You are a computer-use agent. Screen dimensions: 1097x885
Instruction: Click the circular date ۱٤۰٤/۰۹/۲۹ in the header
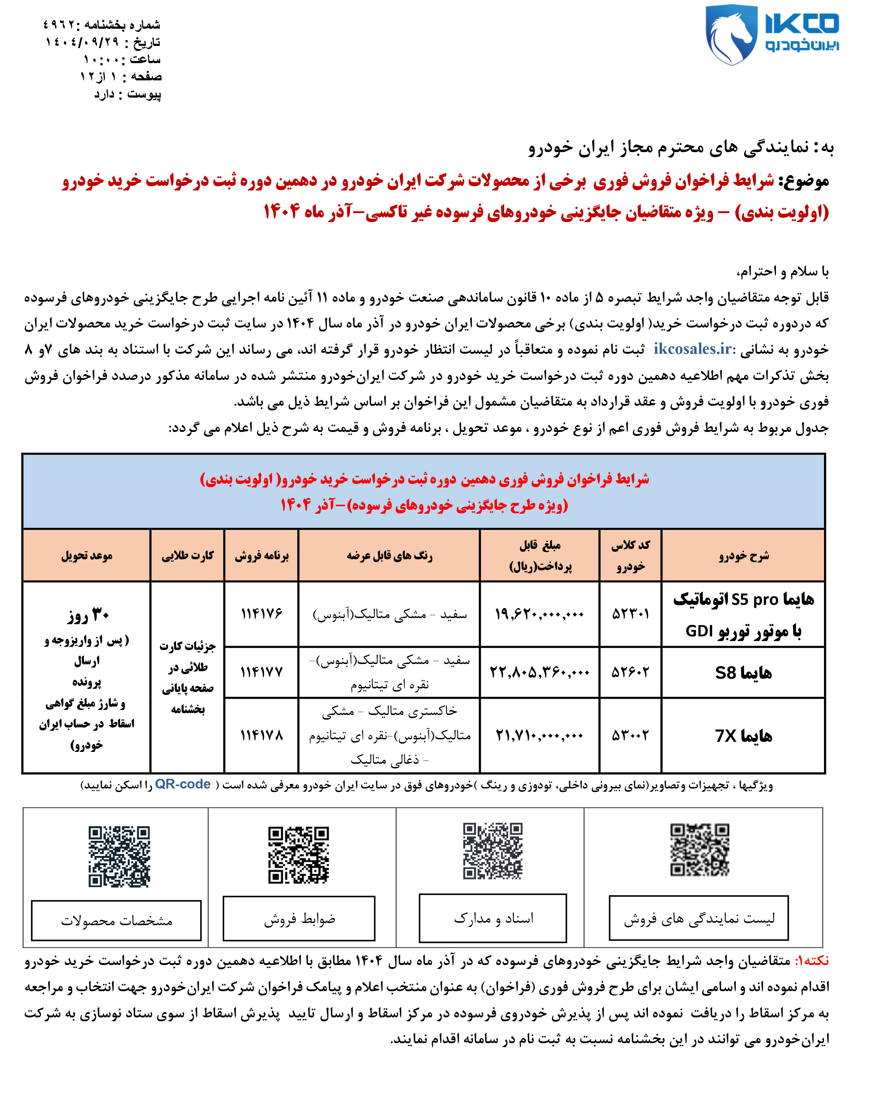pos(81,42)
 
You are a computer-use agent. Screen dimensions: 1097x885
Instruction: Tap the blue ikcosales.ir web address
pos(692,349)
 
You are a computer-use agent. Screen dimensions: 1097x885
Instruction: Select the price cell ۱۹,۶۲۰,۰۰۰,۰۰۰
pos(539,614)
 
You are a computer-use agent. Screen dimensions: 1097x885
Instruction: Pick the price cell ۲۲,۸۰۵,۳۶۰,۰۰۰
pos(539,672)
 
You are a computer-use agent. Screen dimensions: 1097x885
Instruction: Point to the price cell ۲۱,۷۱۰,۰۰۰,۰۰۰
pos(539,735)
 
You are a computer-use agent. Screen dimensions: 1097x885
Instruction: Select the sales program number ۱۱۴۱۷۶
pos(261,614)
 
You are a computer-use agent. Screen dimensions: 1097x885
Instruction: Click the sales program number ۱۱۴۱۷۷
pos(261,672)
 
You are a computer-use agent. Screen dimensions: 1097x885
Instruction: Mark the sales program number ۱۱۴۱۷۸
pos(261,735)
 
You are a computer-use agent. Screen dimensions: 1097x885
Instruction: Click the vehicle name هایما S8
pos(743,673)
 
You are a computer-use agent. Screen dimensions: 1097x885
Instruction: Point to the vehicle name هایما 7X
pos(743,736)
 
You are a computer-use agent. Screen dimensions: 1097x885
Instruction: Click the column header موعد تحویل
pos(87,556)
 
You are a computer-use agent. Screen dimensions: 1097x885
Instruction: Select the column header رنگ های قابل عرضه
pos(389,556)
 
